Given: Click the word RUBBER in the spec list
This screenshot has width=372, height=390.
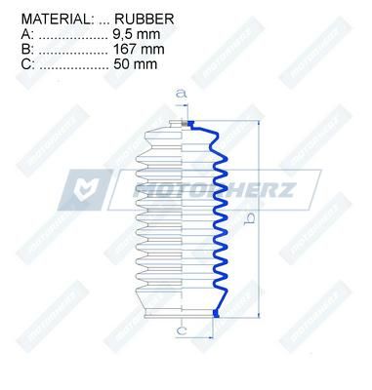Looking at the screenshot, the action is [145, 19].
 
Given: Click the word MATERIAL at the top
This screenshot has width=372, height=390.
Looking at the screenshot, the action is [56, 19].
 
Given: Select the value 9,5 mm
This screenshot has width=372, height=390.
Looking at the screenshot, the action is [137, 34].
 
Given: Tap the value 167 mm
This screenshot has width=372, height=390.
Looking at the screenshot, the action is [139, 50].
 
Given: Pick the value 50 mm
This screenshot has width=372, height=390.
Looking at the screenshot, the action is [136, 64].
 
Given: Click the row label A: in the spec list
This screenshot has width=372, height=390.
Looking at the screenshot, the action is [27, 34].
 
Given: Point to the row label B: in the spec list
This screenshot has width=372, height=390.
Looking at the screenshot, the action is [27, 50].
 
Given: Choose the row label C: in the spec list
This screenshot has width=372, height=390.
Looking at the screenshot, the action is [27, 64].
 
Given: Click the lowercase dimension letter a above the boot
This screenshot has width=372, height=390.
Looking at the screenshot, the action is [182, 94].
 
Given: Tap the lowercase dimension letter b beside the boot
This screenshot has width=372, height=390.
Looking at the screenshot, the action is [250, 218].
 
